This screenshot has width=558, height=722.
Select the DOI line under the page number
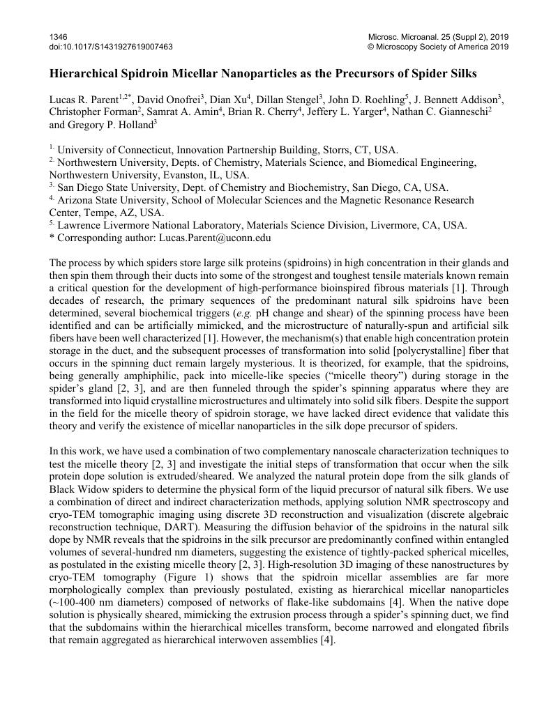pyautogui.click(x=111, y=47)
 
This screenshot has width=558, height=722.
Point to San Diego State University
pyautogui.click(x=118, y=187)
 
